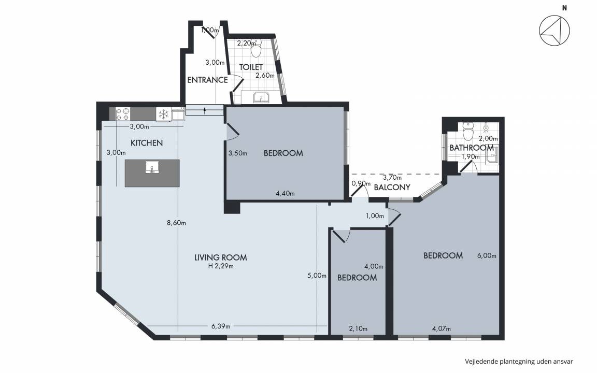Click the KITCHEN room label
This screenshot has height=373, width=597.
point(147,143)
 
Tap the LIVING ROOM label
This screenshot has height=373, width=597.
point(220,257)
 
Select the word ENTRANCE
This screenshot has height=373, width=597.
point(207,80)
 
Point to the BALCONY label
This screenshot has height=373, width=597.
point(392,187)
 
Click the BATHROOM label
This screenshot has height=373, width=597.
point(472,148)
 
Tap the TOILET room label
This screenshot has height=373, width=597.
point(251,67)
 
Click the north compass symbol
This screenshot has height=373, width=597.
point(555,31)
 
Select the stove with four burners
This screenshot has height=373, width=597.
point(123,114)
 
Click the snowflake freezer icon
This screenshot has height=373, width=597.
point(163,114)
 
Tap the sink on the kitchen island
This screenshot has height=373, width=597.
point(152,167)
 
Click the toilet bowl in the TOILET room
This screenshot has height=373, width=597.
point(256,49)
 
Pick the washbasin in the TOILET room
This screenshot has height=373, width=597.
point(261,97)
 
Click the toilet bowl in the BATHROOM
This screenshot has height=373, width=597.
point(468,132)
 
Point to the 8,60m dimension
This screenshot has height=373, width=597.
point(176,223)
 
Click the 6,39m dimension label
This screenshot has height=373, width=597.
point(221,326)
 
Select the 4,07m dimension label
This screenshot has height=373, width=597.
point(442,329)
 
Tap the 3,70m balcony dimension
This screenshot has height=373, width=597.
point(392,177)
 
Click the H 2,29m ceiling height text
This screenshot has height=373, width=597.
point(221,266)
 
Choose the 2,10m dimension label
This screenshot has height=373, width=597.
point(358,329)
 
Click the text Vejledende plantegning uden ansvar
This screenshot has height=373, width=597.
point(519,362)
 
